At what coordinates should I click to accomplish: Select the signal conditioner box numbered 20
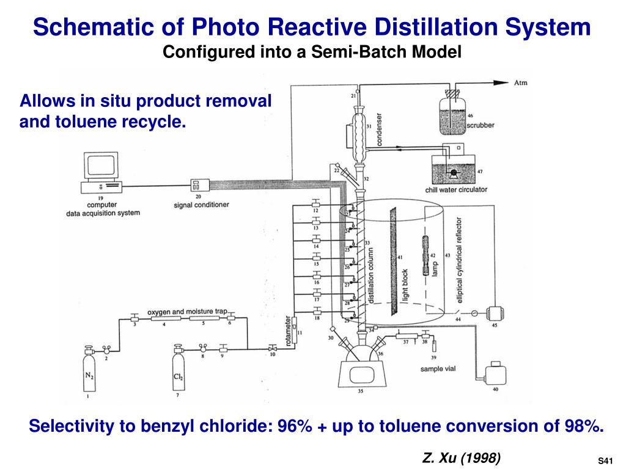click(x=200, y=186)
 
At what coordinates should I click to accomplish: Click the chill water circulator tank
click(x=453, y=169)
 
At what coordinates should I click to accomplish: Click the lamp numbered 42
click(x=425, y=256)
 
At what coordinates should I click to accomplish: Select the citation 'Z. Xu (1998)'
click(x=462, y=457)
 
